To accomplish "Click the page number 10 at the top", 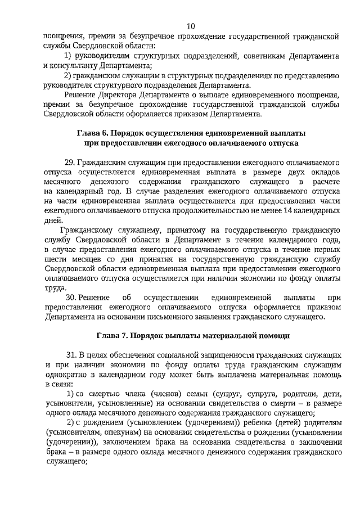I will pos(191,26).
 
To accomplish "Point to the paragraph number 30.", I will pos(71,297).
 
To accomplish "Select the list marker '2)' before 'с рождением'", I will pos(71,424).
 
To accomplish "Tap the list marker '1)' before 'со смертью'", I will pos(71,393).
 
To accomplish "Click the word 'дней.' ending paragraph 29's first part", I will pos(52,220).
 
